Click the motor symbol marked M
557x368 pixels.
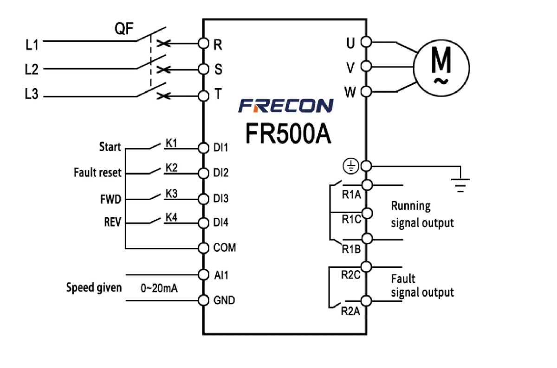coord(441,65)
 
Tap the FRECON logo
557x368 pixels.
coord(285,106)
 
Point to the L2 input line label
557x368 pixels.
coord(32,70)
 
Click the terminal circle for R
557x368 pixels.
coord(203,44)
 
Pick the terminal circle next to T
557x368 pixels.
coord(203,96)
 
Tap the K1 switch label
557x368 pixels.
coord(171,143)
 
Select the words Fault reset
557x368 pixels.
coord(97,173)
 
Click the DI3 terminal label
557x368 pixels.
coord(221,198)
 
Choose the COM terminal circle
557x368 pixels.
coord(203,248)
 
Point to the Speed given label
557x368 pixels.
coord(94,287)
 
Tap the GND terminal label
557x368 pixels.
coord(224,300)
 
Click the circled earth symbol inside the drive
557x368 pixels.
coord(350,165)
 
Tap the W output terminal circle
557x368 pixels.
coord(366,91)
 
